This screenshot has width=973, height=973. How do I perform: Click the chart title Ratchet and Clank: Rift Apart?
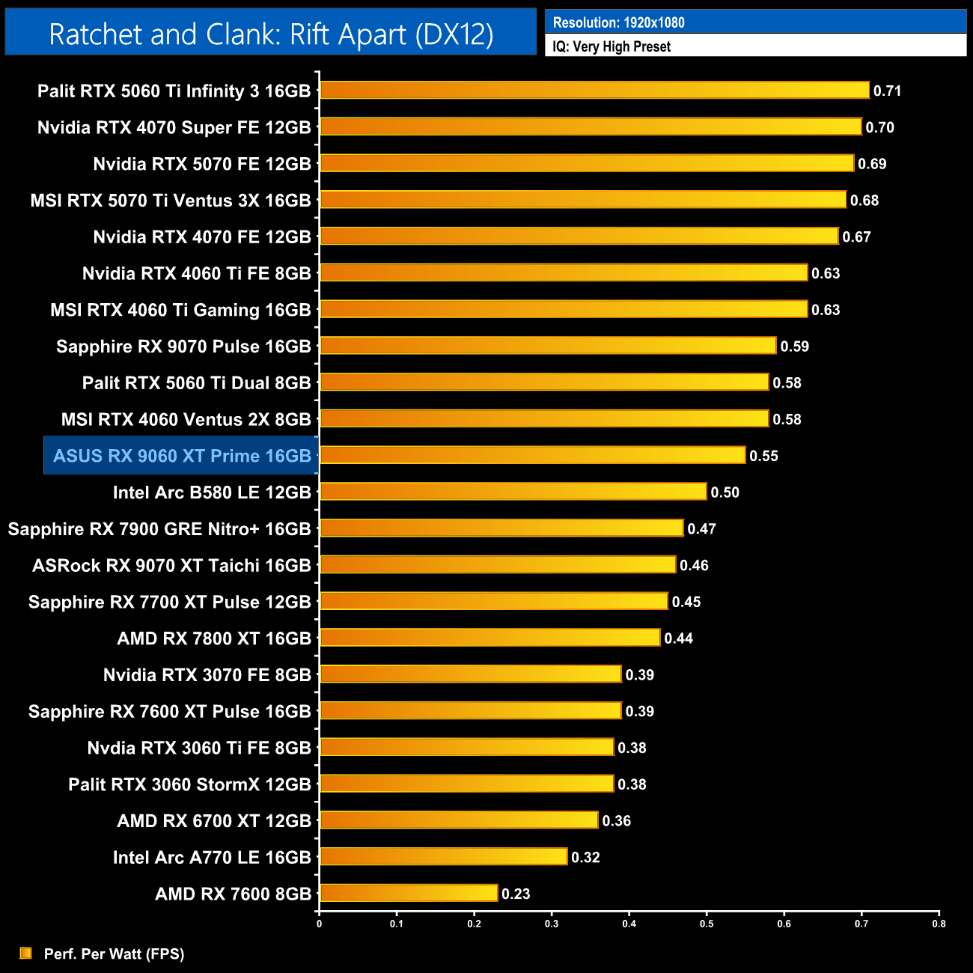point(271,34)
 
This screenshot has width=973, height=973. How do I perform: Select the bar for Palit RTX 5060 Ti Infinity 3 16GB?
point(594,91)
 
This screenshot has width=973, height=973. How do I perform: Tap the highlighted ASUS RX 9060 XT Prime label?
point(182,456)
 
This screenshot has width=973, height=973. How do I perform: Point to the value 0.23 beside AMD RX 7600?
point(516,894)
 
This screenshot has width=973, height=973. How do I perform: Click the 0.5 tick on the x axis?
point(707,924)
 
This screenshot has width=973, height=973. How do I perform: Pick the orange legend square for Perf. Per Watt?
point(26,953)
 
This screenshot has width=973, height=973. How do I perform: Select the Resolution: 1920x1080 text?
point(618,22)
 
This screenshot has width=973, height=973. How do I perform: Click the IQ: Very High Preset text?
point(611,46)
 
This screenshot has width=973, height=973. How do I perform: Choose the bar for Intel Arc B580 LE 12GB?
point(513,492)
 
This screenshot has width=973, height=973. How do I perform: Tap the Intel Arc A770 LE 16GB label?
point(212,858)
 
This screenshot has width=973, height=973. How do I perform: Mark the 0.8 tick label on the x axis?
point(939,924)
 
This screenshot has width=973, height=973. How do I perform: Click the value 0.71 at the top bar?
point(887,91)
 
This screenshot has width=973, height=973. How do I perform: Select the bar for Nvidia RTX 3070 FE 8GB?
point(471,674)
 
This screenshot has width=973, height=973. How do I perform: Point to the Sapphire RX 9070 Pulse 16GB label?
point(183,347)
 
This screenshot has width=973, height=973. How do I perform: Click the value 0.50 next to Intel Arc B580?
point(725,492)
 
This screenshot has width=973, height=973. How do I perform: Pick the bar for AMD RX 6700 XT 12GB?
point(459,820)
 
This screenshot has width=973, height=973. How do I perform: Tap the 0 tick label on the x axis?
point(320,924)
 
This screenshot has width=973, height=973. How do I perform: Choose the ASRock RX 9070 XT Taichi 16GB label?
point(171,566)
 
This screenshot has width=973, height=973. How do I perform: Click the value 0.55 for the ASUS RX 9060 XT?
point(763,456)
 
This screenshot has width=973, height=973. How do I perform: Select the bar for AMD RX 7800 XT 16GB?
point(490,638)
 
